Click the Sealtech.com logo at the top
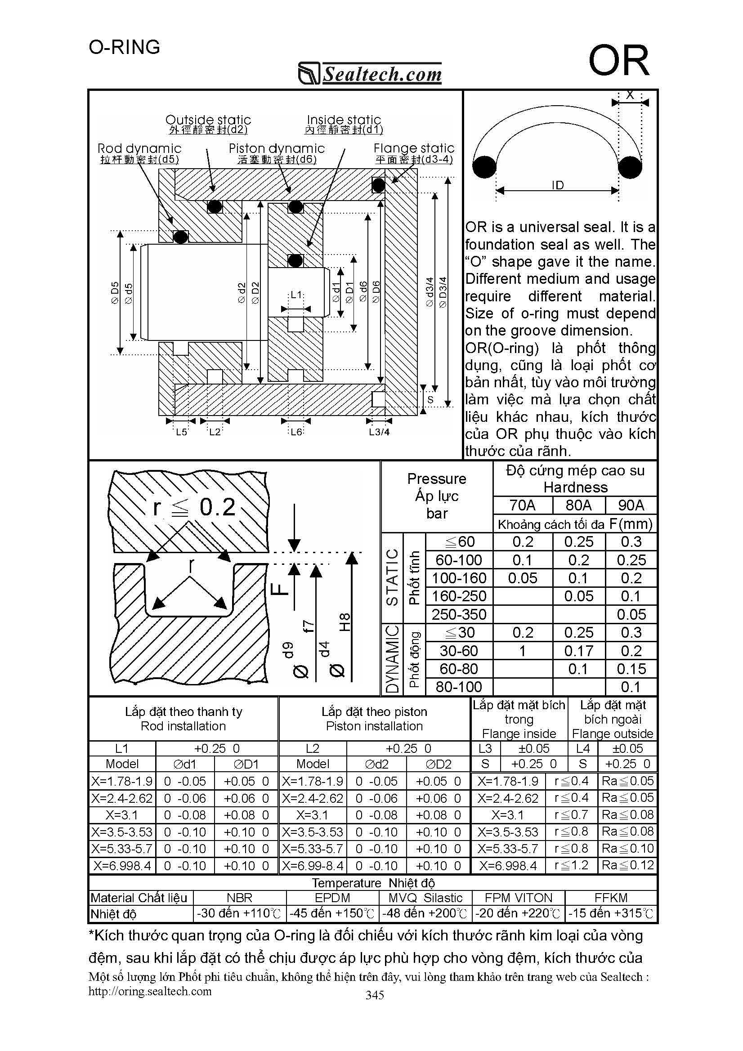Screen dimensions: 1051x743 click(370, 73)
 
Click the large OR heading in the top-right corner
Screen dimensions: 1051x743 click(618, 61)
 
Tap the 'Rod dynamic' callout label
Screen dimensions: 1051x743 click(139, 148)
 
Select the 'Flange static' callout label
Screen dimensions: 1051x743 click(414, 148)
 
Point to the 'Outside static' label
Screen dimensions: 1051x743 click(208, 120)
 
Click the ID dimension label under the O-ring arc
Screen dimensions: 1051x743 click(557, 185)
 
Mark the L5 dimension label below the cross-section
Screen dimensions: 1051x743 click(181, 432)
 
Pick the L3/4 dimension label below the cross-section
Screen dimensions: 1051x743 click(379, 432)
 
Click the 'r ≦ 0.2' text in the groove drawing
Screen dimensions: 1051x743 click(194, 507)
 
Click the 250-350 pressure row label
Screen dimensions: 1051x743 click(459, 614)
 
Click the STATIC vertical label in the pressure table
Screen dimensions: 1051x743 click(392, 578)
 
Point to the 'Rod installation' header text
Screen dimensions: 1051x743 click(183, 726)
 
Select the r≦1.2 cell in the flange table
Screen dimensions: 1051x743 click(571, 866)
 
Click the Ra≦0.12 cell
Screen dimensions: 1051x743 click(627, 866)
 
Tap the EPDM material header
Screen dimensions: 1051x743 click(332, 898)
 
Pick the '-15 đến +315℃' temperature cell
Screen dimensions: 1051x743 click(611, 914)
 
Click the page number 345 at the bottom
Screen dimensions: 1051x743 click(375, 995)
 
